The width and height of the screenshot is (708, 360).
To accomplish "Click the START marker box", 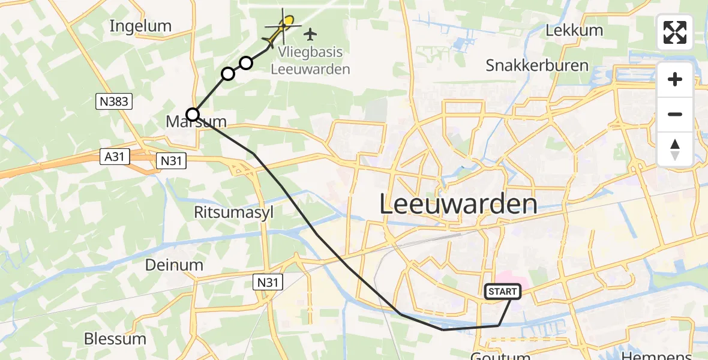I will click(502, 292).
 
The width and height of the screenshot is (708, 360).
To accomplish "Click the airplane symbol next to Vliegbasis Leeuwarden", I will click(310, 34).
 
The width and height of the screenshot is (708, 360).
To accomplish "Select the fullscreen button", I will click(675, 32).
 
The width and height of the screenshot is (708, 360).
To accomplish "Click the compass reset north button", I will click(675, 149).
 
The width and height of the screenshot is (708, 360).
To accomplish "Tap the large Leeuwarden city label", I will click(458, 205).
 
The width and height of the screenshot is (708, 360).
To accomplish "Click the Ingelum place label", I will click(141, 26).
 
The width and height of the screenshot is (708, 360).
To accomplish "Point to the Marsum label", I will click(196, 122).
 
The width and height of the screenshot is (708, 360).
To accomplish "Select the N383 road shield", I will click(113, 101).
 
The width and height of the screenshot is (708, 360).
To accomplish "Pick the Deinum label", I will click(175, 265).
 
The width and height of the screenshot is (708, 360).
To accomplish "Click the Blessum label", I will click(115, 338).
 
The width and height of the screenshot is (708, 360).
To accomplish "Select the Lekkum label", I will click(574, 30).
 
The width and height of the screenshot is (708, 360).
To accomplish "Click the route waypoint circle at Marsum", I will click(193, 114).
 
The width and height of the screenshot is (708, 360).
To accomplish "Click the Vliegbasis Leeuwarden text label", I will click(310, 60).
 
